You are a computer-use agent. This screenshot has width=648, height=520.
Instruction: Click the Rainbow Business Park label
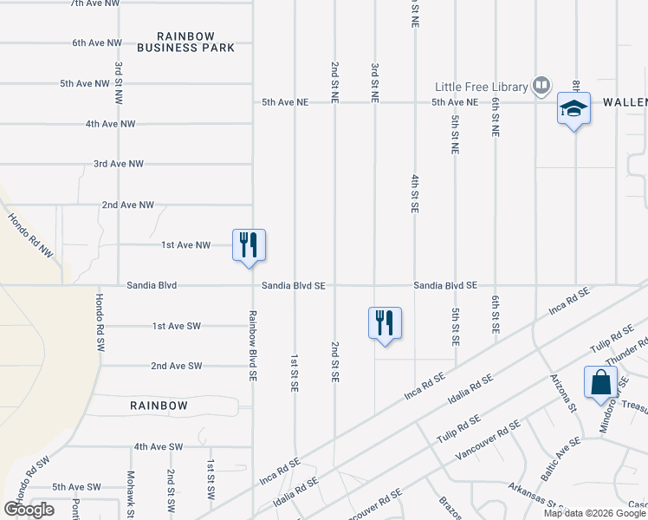(x=197, y=42)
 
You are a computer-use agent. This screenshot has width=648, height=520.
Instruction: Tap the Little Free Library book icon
(x=541, y=86)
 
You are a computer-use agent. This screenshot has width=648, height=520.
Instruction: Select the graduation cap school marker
(x=573, y=109)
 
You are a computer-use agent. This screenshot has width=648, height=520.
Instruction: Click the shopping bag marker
(x=600, y=382)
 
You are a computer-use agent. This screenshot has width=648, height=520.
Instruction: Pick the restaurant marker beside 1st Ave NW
(x=249, y=244)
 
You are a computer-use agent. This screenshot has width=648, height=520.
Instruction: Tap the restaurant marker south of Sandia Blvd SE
(x=385, y=323)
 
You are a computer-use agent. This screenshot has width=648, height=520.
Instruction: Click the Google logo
(x=29, y=510)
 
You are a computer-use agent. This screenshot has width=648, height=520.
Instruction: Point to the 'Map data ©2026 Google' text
(x=594, y=513)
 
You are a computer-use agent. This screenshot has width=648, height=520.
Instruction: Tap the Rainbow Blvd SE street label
(x=252, y=348)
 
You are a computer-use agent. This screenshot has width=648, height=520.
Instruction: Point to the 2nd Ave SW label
(x=176, y=366)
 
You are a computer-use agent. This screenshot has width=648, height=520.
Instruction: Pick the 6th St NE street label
(x=495, y=118)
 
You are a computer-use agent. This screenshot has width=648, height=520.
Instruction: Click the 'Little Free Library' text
(x=482, y=87)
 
